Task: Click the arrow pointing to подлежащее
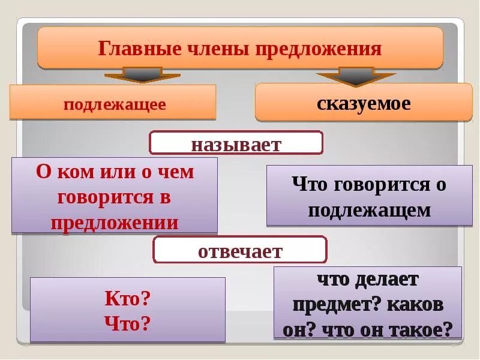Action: (x=142, y=75)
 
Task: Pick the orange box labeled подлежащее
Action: (x=113, y=103)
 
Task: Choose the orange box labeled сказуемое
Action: (x=364, y=103)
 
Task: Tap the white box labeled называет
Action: (x=236, y=143)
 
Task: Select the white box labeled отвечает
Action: (x=240, y=250)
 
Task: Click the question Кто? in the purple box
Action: (x=127, y=298)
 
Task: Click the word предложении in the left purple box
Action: (x=115, y=223)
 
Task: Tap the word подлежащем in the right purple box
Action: (x=369, y=210)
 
